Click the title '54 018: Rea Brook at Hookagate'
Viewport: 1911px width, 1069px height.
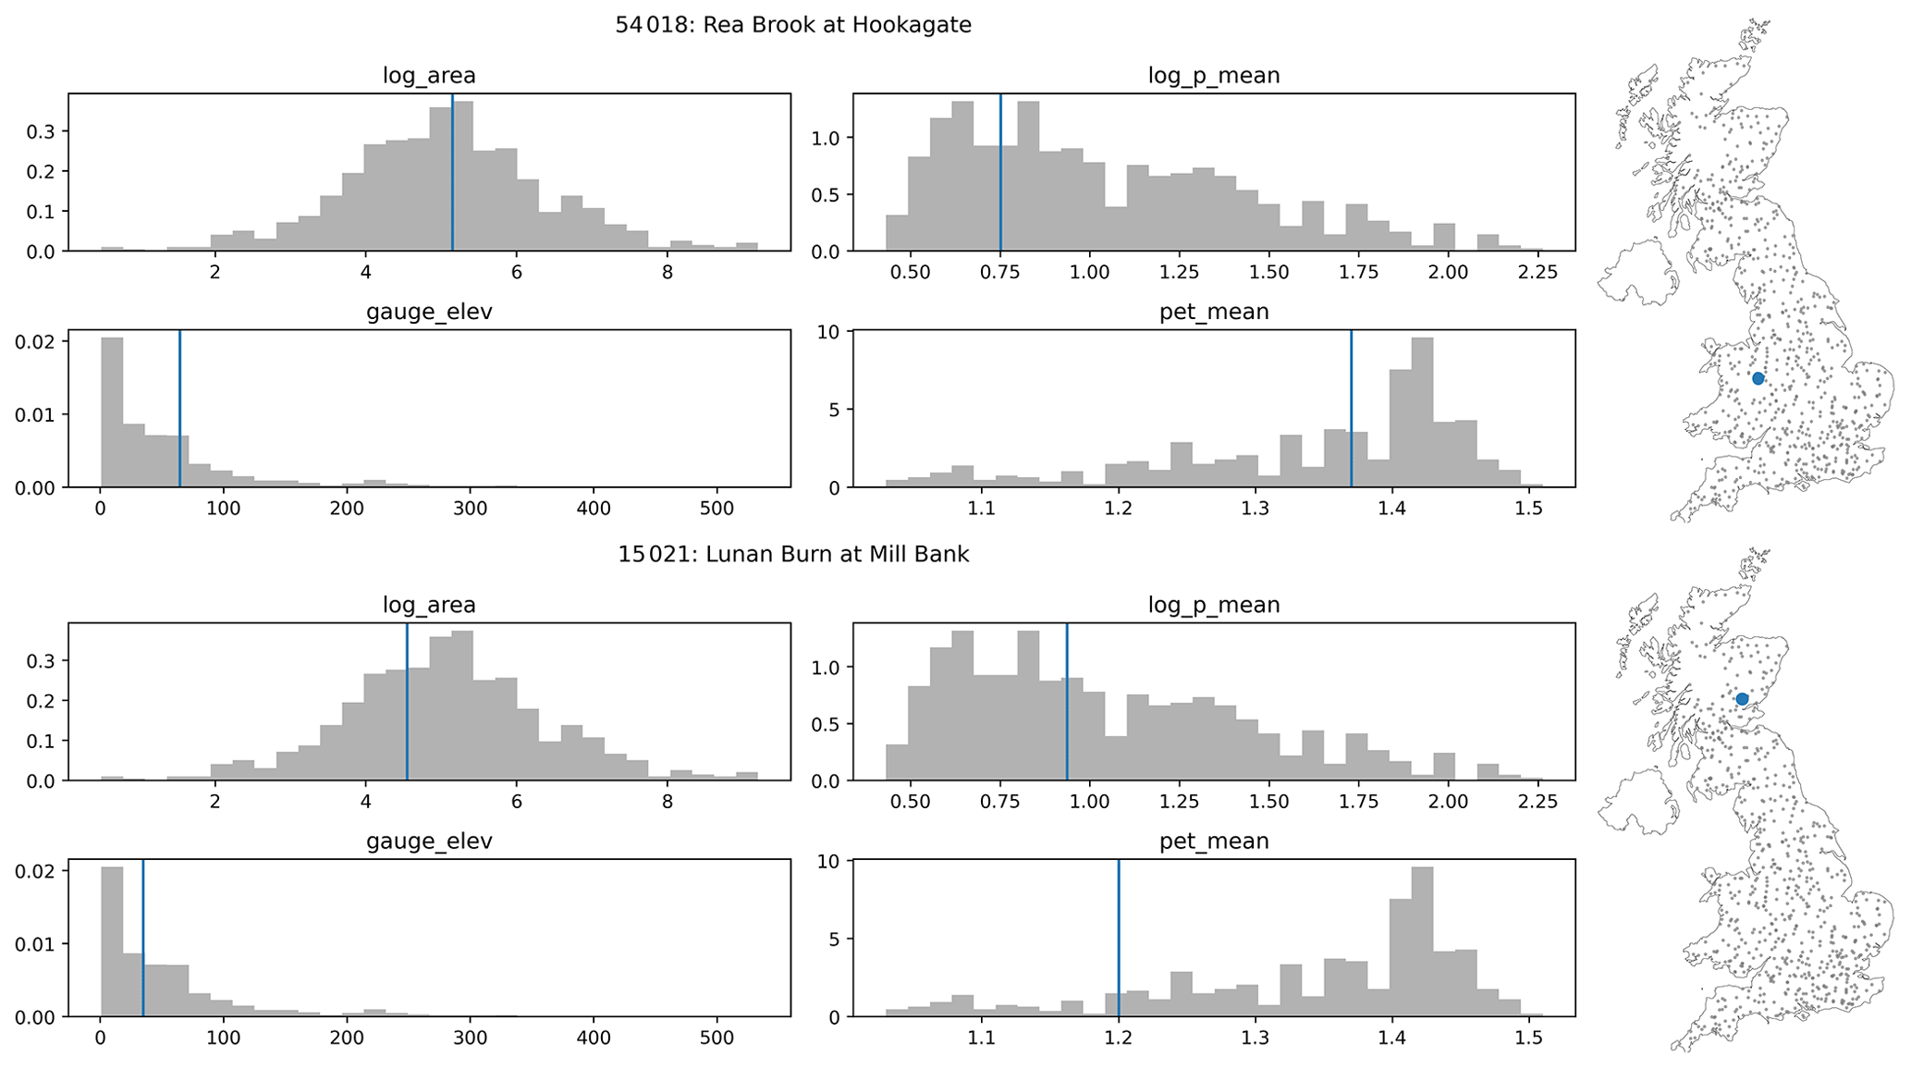click(793, 25)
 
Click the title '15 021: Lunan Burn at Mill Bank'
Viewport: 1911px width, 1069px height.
click(793, 555)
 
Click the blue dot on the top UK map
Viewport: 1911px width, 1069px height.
click(1758, 378)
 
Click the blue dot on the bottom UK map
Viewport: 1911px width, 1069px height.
click(1742, 699)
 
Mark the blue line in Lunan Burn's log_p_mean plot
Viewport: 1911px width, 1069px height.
click(1067, 702)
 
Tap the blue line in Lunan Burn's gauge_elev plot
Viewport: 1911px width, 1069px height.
click(143, 939)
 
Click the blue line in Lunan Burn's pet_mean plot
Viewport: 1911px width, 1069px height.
click(1119, 939)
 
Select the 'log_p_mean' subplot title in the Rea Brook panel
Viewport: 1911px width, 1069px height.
click(1214, 76)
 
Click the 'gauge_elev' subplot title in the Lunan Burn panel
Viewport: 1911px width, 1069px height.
click(429, 842)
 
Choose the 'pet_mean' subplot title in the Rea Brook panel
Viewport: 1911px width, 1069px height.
click(1214, 313)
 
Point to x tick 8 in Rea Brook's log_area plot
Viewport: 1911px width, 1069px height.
click(668, 273)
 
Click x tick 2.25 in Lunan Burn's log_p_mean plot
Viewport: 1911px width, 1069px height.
click(1538, 802)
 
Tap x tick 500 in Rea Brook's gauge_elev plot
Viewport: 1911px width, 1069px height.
click(717, 509)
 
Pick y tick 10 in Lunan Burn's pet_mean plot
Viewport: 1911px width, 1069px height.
click(829, 861)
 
